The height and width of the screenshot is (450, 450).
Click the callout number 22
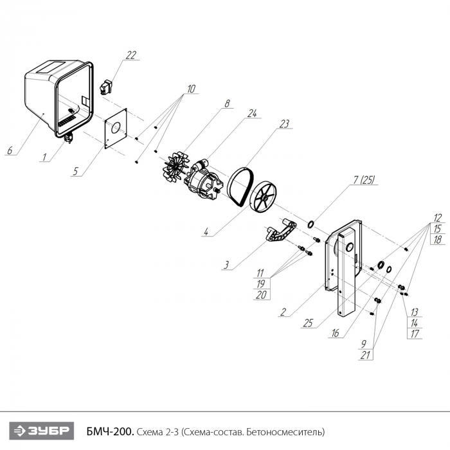131,55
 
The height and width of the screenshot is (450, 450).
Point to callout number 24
253,113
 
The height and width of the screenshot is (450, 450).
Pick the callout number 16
336,333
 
